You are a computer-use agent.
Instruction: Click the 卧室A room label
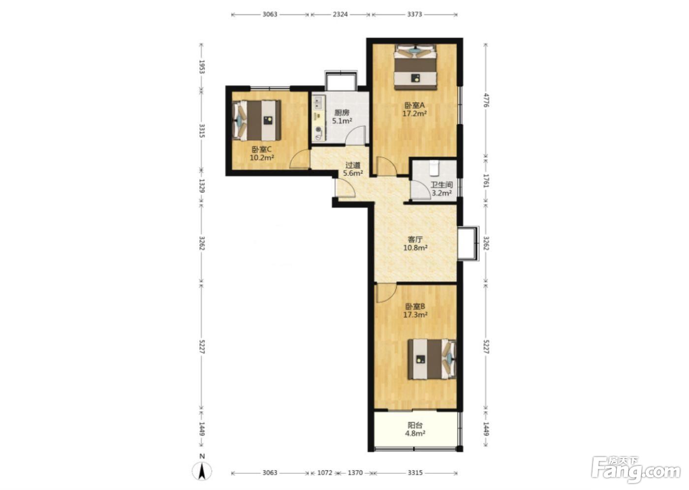coord(414,105)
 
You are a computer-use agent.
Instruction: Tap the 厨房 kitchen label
coord(342,113)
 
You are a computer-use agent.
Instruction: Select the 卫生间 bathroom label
coord(441,185)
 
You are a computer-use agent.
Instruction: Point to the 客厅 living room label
coord(415,239)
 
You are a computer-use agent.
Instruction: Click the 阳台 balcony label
coord(415,425)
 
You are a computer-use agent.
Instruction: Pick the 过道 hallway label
coord(353,165)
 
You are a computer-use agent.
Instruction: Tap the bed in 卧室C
coord(257,121)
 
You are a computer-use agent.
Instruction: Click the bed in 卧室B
coord(432,359)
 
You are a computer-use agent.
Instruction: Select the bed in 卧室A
coord(415,67)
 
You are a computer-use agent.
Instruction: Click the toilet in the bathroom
coord(434,168)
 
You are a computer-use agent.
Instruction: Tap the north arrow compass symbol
coord(202,471)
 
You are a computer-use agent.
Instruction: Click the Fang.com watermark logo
coord(636,471)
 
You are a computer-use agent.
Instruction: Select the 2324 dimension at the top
coord(340,14)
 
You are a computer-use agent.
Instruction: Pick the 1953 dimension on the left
coord(202,67)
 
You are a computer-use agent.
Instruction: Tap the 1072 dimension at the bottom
coord(325,472)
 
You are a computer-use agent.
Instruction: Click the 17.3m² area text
coord(415,315)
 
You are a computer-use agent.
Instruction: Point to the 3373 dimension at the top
coord(414,14)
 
